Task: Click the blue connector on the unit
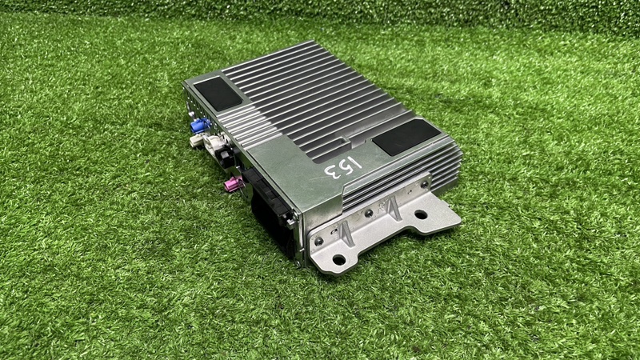(x=200, y=126)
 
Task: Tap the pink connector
(x=234, y=185)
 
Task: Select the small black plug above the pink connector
(x=227, y=157)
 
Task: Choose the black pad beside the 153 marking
(x=406, y=137)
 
